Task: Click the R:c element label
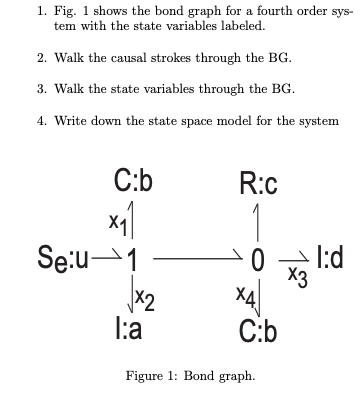point(258,184)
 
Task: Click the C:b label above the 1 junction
point(133,184)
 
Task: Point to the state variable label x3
point(290,277)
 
